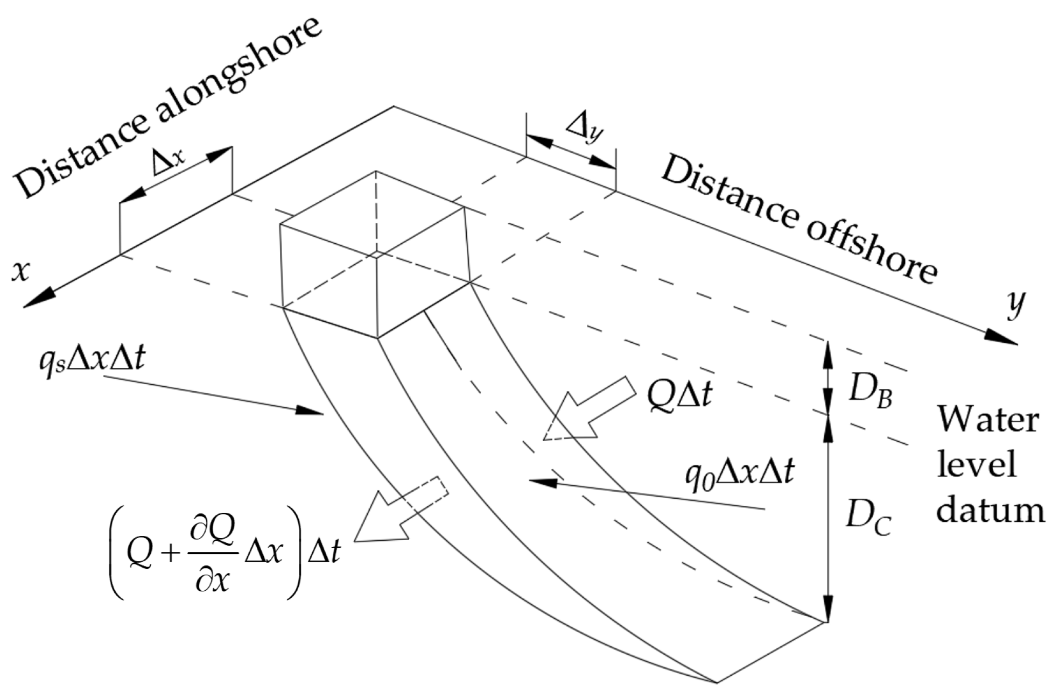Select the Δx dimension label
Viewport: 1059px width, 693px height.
[168, 161]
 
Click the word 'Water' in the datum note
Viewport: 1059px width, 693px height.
[988, 419]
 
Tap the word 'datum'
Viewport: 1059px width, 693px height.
[990, 509]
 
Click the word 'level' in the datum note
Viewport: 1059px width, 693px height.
[976, 464]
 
